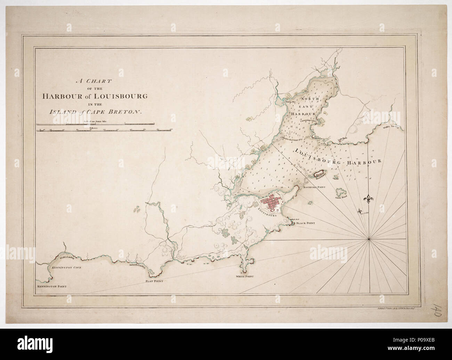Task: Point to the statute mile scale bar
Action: (x=95, y=123)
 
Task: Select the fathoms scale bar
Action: (x=95, y=130)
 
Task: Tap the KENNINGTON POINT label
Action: (x=51, y=287)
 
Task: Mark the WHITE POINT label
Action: (x=245, y=277)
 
